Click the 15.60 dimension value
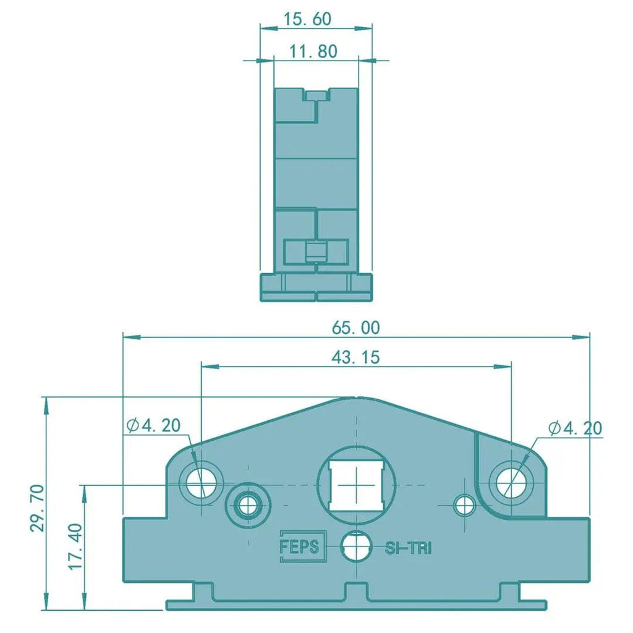point(307,19)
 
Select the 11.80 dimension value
point(313,51)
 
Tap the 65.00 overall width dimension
point(356,328)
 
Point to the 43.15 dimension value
point(355,357)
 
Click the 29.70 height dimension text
point(38,508)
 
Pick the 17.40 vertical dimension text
point(75,546)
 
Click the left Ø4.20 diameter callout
point(153,425)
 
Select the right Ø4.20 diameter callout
point(576,428)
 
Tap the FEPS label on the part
point(299,546)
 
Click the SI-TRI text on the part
point(408,548)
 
